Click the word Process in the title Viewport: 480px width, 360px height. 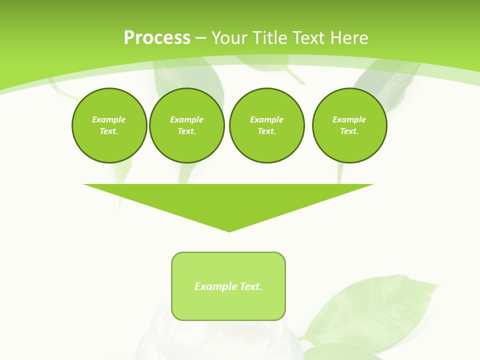(x=157, y=38)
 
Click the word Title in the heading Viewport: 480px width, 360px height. (x=267, y=38)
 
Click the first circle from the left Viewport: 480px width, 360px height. (x=109, y=125)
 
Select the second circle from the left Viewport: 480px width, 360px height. (x=187, y=125)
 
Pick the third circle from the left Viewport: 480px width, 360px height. (x=266, y=125)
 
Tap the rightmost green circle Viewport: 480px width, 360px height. (x=349, y=125)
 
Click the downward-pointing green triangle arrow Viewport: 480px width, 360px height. (x=228, y=200)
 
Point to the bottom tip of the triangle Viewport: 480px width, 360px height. (x=229, y=231)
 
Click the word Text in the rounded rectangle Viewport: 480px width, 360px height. (x=251, y=286)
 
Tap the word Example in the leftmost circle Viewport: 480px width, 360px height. (x=109, y=119)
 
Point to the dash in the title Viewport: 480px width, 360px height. (x=200, y=38)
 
